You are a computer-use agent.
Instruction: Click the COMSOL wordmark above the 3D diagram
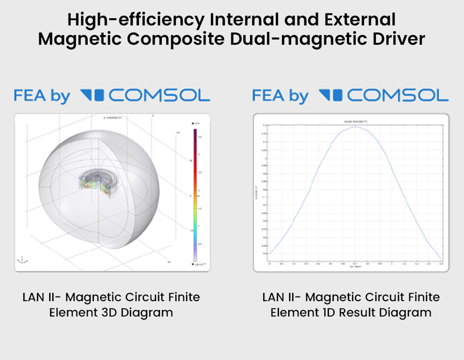tap(160, 95)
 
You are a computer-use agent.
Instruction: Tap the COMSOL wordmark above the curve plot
tap(397, 95)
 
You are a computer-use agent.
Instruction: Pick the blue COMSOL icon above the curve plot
tap(330, 95)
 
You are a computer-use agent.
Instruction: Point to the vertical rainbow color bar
tap(195, 196)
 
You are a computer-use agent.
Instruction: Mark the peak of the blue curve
tap(356, 127)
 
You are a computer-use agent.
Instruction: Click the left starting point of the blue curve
tap(270, 253)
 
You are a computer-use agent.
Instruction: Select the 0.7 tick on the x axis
tap(356, 263)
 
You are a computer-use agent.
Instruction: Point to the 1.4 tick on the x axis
tap(441, 263)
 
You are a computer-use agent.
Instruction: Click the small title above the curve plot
tap(356, 121)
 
